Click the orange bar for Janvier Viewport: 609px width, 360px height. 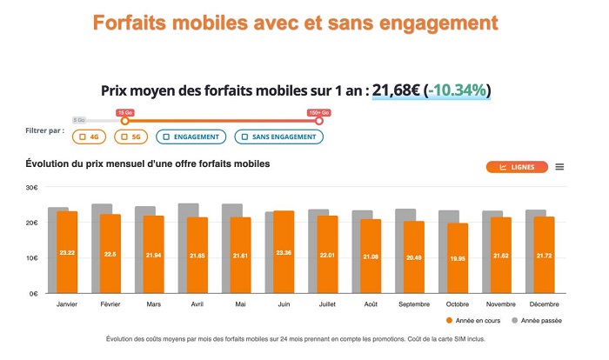[x=68, y=252]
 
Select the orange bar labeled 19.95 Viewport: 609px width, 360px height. [x=458, y=258]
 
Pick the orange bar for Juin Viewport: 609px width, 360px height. [x=284, y=252]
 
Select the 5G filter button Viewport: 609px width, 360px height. [x=131, y=137]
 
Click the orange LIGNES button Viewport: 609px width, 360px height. [x=517, y=167]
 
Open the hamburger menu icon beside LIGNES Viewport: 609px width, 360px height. [x=559, y=167]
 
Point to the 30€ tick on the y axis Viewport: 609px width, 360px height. [x=31, y=188]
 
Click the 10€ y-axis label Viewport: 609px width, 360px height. [x=31, y=258]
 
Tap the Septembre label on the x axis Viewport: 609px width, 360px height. [x=413, y=305]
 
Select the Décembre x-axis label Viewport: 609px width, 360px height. [x=544, y=305]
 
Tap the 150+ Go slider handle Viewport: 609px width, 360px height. [x=318, y=121]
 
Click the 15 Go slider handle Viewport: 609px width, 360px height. [x=124, y=121]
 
